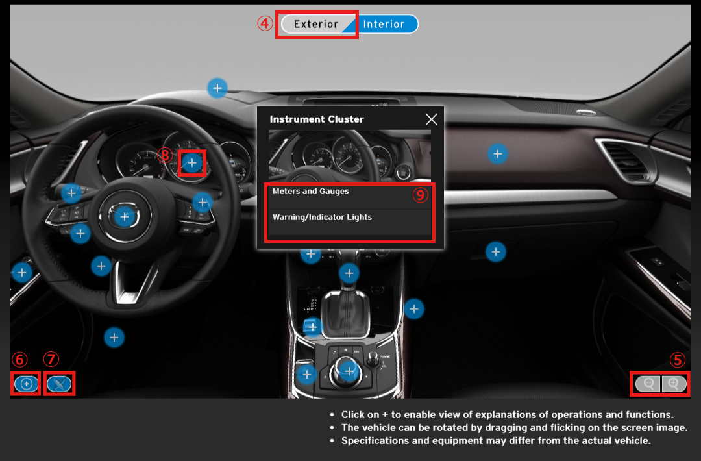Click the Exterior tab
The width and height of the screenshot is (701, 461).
316,24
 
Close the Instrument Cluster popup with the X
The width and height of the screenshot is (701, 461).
432,119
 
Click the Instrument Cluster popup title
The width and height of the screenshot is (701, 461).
317,119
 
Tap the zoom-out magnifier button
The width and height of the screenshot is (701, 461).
648,384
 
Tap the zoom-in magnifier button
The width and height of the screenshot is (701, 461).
674,384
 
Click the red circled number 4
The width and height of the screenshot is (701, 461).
265,23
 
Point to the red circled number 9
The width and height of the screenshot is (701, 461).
420,195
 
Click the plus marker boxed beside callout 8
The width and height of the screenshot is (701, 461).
191,163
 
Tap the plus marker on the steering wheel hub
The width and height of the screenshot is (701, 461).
125,217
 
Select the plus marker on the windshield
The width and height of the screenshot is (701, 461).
217,88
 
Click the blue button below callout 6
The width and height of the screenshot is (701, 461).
27,384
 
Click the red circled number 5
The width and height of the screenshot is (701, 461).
677,360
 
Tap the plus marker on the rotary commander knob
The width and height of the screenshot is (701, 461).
349,371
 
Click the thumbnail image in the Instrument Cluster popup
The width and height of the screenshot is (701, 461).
350,155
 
